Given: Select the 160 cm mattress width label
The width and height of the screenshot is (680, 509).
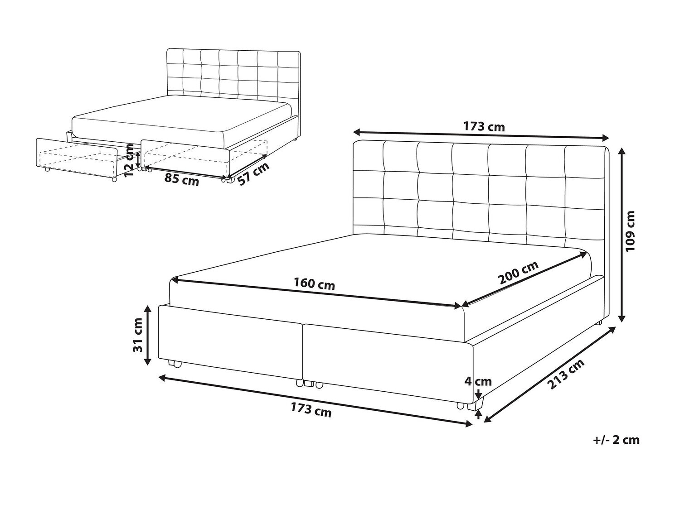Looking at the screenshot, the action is coord(314,283).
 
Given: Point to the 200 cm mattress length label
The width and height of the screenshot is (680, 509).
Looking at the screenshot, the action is coord(519,272).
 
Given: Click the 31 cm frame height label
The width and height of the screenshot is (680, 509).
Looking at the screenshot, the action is coord(137,335).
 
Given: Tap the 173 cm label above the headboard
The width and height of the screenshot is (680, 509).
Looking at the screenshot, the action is coord(484,126).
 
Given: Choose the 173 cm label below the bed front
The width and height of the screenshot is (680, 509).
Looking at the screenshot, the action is coord(311,410).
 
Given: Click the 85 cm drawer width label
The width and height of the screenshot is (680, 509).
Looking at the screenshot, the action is coord(181,179).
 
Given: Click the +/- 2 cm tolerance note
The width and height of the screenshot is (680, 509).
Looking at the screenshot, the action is coord(616,440).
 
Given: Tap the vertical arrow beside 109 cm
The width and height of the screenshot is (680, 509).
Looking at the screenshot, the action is coord(622,235).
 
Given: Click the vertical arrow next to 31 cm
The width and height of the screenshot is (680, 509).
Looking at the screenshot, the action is coord(148,335).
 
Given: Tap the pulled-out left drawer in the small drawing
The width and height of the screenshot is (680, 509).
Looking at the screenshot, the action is coord(77,159).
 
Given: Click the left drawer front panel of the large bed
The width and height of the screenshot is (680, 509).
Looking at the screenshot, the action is coord(230,343).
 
